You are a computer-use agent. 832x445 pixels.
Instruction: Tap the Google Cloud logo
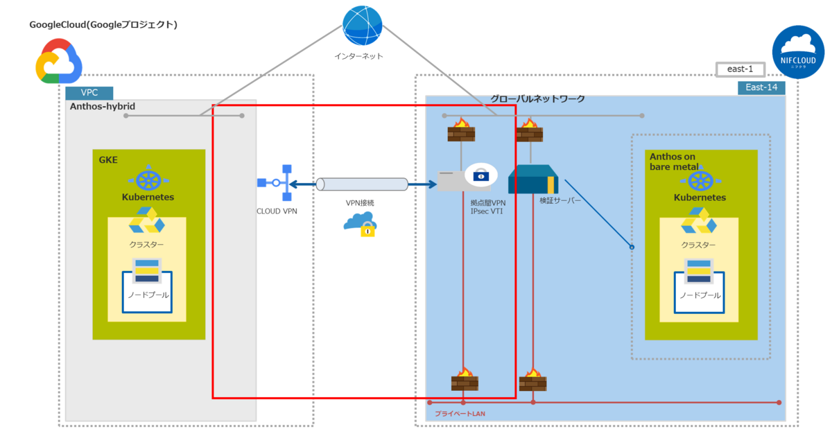(x=59, y=61)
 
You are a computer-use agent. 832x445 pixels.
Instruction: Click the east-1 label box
(x=740, y=69)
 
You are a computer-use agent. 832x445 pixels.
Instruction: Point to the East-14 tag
(x=761, y=87)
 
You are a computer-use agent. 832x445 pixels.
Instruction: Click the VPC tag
(x=89, y=93)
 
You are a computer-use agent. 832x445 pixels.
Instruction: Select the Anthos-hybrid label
(x=102, y=106)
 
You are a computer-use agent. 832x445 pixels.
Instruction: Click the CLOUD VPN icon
(x=277, y=183)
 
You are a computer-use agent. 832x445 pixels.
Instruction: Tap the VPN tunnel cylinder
(x=361, y=184)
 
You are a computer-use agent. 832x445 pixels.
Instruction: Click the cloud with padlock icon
(x=360, y=222)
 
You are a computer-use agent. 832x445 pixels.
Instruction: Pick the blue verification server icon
(x=532, y=180)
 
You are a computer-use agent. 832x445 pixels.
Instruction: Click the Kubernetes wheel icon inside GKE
(x=148, y=179)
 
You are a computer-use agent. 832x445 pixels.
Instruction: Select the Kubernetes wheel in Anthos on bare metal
(x=700, y=181)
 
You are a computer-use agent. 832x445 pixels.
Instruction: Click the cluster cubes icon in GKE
(x=146, y=221)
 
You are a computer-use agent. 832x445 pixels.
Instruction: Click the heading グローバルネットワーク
(x=537, y=99)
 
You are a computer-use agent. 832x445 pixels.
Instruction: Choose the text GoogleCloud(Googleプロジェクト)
(x=103, y=25)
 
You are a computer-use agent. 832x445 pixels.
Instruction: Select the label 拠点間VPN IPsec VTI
(x=487, y=206)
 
